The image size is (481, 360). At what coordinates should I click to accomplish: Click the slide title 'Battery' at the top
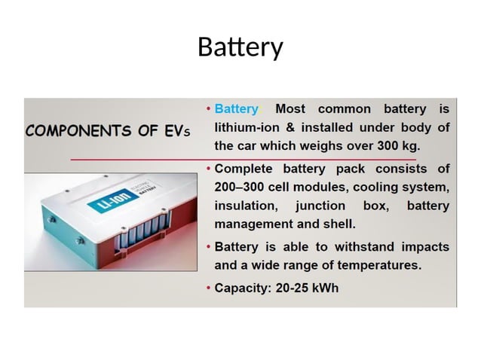click(x=240, y=47)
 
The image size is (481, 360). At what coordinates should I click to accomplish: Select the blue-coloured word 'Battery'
click(x=236, y=110)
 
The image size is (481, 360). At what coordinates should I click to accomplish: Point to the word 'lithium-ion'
click(x=247, y=127)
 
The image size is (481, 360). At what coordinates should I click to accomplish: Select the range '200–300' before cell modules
click(x=242, y=187)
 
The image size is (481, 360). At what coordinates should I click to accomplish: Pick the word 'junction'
click(x=320, y=206)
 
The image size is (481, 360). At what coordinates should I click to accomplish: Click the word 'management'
click(x=254, y=224)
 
